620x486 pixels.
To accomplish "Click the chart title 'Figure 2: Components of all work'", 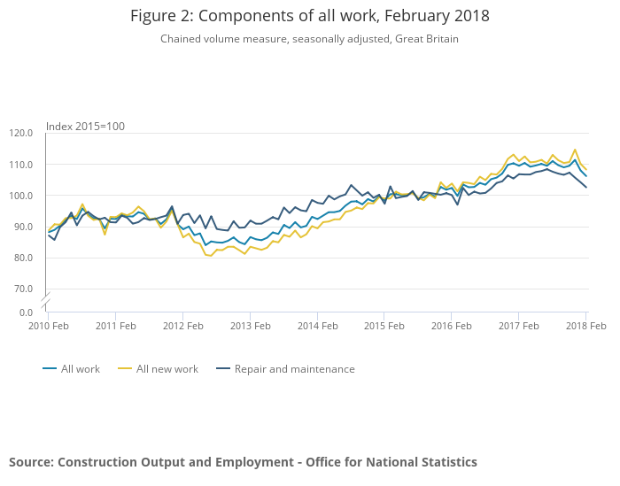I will pyautogui.click(x=309, y=16).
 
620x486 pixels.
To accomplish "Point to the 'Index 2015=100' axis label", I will pyautogui.click(x=85, y=126).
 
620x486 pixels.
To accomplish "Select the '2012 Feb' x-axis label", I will pyautogui.click(x=182, y=326).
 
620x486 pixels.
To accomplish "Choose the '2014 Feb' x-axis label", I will pyautogui.click(x=317, y=326).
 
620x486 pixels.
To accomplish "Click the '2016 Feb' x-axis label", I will pyautogui.click(x=452, y=326).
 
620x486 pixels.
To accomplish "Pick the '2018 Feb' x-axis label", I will pyautogui.click(x=585, y=326).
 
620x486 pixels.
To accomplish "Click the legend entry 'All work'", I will pyautogui.click(x=81, y=369).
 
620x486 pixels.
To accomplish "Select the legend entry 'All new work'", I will pyautogui.click(x=167, y=369).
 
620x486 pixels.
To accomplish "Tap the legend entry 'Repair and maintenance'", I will pyautogui.click(x=294, y=369).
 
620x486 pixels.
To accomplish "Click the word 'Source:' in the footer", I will pyautogui.click(x=31, y=462).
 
